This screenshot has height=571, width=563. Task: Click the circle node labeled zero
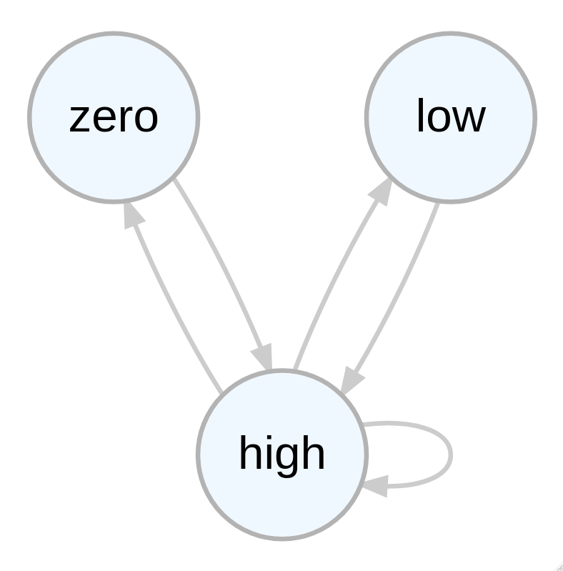coord(114,117)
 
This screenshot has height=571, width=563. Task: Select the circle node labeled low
coord(451,117)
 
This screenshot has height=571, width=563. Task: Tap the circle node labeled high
coord(282,454)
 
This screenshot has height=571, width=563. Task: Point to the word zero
coord(114,118)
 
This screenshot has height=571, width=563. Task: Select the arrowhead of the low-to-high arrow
coord(352,380)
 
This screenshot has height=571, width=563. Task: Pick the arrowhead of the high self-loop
coord(375,486)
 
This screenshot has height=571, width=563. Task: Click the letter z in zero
coord(79,118)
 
